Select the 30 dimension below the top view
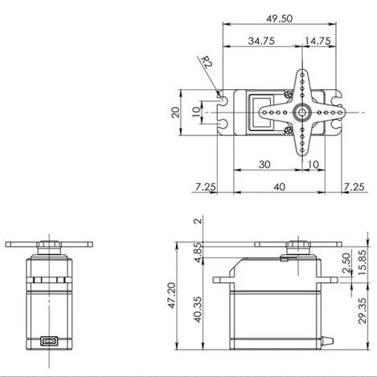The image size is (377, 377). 264,164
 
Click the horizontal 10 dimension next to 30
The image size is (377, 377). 313,164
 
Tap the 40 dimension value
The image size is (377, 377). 278,186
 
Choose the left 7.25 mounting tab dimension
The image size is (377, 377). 205,186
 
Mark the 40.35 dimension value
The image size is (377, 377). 198,308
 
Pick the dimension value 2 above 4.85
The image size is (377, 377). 198,221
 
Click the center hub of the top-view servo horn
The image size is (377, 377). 302,112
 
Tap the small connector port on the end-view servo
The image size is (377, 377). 50,340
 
